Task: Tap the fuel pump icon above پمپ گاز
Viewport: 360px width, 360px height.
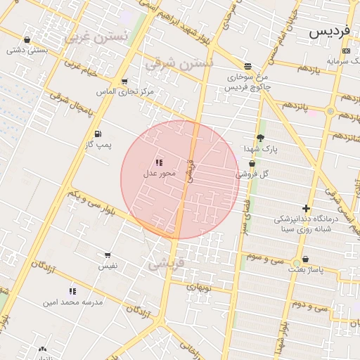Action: click(x=97, y=134)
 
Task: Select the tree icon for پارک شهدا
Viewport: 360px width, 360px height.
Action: click(x=260, y=138)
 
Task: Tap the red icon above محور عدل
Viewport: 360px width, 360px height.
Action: click(x=159, y=162)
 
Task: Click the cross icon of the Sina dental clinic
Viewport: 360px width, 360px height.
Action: click(x=306, y=208)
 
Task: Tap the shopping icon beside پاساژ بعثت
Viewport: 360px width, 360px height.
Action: click(x=304, y=259)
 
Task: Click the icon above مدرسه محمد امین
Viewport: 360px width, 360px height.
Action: click(x=72, y=290)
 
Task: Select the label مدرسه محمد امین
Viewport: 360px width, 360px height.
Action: click(x=72, y=302)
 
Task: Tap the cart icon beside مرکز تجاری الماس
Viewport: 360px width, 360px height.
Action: click(x=124, y=82)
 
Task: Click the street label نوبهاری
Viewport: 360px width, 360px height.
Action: click(x=202, y=287)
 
